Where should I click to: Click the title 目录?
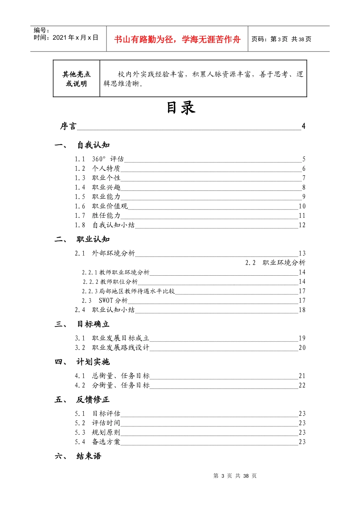pyautogui.click(x=181, y=108)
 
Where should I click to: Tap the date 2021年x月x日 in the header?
pyautogui.click(x=75, y=37)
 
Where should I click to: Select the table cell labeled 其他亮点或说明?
pyautogui.click(x=77, y=79)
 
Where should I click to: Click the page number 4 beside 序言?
pyautogui.click(x=303, y=126)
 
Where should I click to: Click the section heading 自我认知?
pyautogui.click(x=93, y=145)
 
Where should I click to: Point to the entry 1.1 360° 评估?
pyautogui.click(x=99, y=159)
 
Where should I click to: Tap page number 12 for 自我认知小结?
pyautogui.click(x=302, y=225)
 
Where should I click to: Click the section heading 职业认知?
pyautogui.click(x=93, y=239)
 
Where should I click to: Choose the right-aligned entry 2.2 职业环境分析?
pyautogui.click(x=275, y=263)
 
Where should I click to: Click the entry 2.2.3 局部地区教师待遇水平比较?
pyautogui.click(x=128, y=291)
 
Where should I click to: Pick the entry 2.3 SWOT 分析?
pyautogui.click(x=105, y=301)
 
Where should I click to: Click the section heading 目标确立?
pyautogui.click(x=93, y=324)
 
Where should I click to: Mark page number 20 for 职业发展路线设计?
pyautogui.click(x=302, y=348)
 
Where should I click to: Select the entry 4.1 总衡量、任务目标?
pyautogui.click(x=112, y=376)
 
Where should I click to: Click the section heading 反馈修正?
pyautogui.click(x=93, y=400)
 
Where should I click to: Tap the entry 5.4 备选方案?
pyautogui.click(x=98, y=442)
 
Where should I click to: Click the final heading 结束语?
pyautogui.click(x=89, y=456)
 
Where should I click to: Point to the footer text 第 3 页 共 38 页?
pyautogui.click(x=235, y=476)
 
